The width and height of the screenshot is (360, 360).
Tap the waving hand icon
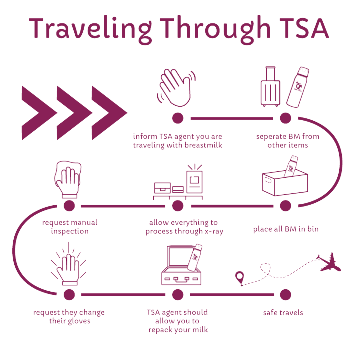pos(177,87)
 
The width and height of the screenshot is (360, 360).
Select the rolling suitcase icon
pos(270,87)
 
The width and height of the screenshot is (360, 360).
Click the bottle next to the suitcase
pos(298,87)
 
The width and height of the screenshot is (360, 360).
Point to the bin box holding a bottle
pos(285,181)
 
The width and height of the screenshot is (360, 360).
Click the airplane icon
pos(329,263)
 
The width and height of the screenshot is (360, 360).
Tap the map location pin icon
pos(240,278)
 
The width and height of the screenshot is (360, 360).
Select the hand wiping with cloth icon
pos(68,179)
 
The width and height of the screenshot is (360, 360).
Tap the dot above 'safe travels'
pos(285,295)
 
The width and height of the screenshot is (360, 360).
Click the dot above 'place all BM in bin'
pos(286,205)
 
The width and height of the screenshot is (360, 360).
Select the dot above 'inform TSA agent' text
pos(178,118)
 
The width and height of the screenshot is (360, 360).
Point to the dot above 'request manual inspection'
pos(69,206)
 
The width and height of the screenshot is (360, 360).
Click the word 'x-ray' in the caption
pos(214,231)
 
